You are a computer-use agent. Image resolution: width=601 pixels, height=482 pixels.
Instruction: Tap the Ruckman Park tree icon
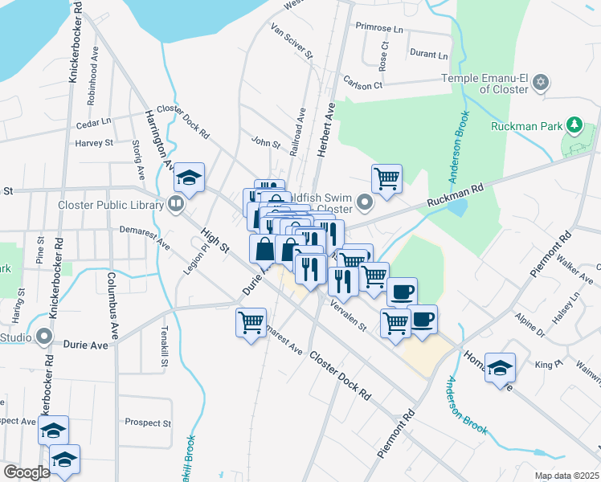coord(574,125)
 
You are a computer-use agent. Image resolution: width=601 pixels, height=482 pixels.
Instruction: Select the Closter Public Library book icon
coord(175,204)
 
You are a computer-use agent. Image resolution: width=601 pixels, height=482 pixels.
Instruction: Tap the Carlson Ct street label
coord(362,84)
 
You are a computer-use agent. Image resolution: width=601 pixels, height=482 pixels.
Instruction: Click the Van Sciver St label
coord(292,42)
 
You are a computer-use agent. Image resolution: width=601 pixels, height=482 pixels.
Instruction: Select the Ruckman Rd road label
coord(455,192)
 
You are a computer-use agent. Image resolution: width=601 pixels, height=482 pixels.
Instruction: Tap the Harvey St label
coord(94,143)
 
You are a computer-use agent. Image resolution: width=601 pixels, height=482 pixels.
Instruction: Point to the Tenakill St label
coord(163,346)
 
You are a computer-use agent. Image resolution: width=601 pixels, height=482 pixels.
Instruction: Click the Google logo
coord(27,472)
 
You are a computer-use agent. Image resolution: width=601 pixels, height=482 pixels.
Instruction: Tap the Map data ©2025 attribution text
coord(566,476)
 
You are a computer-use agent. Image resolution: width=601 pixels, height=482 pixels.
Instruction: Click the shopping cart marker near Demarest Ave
coord(251,323)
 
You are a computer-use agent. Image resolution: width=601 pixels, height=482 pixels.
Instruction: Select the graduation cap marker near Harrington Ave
coord(190,178)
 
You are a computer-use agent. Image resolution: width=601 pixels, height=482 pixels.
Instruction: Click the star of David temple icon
coord(541,81)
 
